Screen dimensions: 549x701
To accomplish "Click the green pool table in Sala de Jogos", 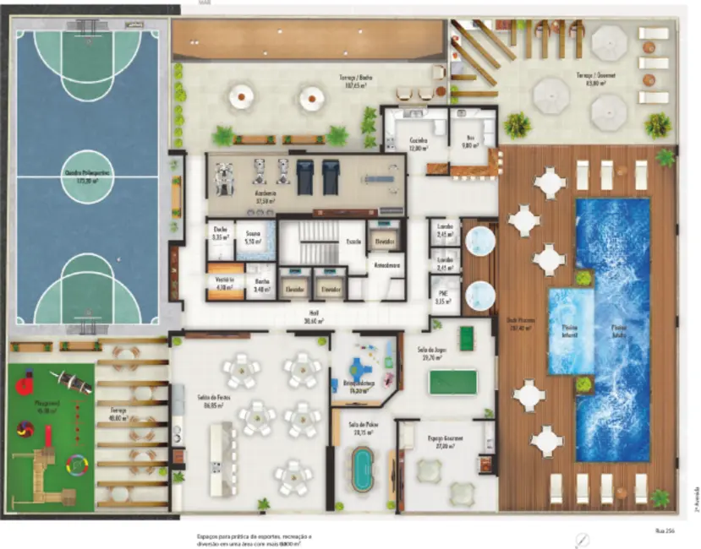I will tap(452, 382).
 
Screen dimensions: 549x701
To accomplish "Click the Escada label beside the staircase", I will tap(352, 240).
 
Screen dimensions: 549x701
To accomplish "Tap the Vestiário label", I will tap(225, 283).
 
